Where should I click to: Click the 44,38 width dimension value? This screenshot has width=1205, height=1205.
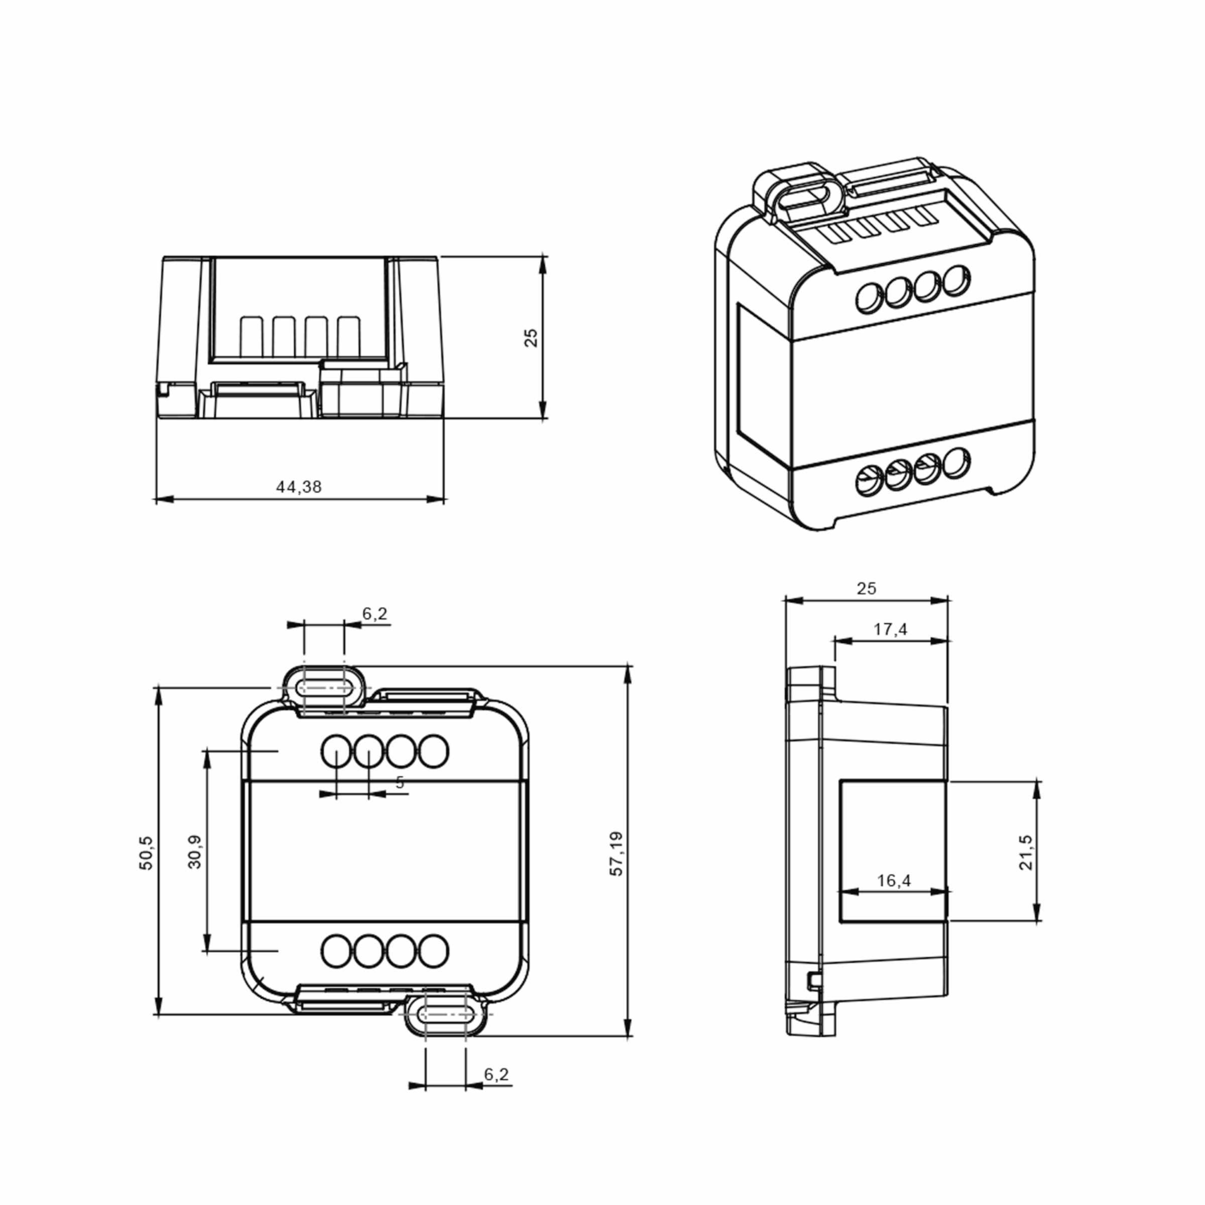(x=299, y=487)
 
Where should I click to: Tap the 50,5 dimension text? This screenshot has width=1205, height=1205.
(x=146, y=853)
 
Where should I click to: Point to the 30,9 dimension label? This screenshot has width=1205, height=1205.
(x=195, y=852)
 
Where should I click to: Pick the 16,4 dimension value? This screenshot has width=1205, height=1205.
(x=894, y=881)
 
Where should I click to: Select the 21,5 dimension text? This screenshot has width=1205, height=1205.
(x=1026, y=853)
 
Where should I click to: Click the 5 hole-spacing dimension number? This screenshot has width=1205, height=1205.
(x=400, y=782)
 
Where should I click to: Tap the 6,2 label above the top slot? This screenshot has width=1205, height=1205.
(x=375, y=614)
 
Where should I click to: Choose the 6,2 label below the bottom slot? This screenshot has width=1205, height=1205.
(x=497, y=1074)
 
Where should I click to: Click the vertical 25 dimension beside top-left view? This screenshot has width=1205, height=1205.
(x=531, y=337)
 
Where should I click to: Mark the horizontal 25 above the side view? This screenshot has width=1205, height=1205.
(x=866, y=588)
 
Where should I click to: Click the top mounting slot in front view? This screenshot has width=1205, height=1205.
(x=323, y=688)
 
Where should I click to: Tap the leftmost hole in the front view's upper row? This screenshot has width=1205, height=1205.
(x=336, y=752)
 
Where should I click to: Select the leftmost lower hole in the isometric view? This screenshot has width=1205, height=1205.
(x=868, y=484)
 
